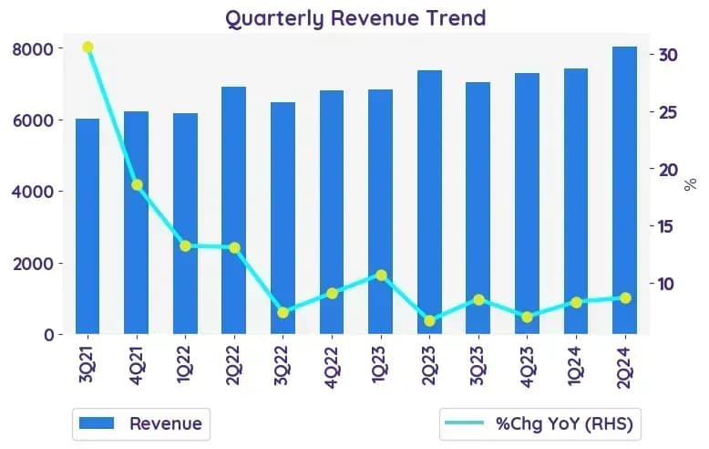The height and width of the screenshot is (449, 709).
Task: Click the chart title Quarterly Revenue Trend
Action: point(355,18)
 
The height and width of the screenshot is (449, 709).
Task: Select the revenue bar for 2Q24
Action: point(625,190)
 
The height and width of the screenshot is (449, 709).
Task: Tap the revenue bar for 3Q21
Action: point(87,226)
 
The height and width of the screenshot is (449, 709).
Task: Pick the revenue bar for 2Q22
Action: point(234,210)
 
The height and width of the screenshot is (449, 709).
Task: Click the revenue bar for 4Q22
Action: point(332,213)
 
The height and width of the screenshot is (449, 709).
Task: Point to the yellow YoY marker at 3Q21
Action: point(87,47)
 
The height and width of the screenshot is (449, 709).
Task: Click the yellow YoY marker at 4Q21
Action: point(137,184)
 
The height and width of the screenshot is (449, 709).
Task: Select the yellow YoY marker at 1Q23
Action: point(381,276)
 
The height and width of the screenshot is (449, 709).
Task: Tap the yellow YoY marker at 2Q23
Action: point(429,320)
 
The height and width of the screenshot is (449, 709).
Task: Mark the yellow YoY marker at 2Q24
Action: point(625,298)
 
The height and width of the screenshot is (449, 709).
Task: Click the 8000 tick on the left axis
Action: point(33,49)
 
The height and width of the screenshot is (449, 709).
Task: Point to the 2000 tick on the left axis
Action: point(33,264)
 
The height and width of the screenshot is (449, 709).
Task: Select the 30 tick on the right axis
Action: point(669,55)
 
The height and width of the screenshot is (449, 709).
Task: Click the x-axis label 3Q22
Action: point(282,366)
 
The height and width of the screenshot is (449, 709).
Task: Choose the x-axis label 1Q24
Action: point(576,366)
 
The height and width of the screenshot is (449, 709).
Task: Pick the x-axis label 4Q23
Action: point(527,366)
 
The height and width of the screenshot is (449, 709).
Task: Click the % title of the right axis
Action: point(690,184)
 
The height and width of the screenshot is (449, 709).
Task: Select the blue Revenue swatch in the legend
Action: point(97,423)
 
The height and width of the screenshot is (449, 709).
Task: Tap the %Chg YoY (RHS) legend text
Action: point(564,424)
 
